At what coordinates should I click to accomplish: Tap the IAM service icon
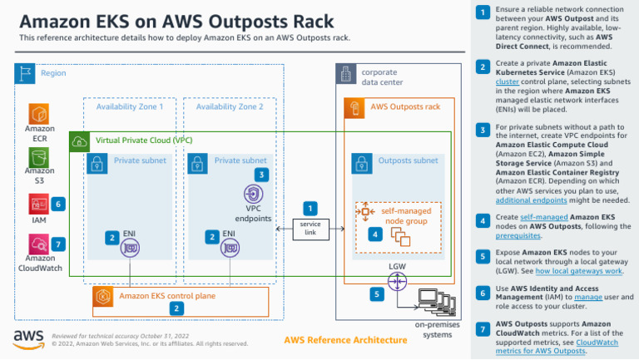pos(40,204)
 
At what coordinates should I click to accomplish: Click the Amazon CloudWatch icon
pos(40,244)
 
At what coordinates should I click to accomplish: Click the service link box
pos(310,229)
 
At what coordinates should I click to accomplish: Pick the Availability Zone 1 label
pos(130,107)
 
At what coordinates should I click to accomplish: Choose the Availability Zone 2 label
pos(229,107)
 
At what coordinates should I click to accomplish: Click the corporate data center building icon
pos(345,76)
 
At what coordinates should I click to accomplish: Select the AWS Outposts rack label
pos(405,107)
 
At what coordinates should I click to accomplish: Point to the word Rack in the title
pos(307,20)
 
